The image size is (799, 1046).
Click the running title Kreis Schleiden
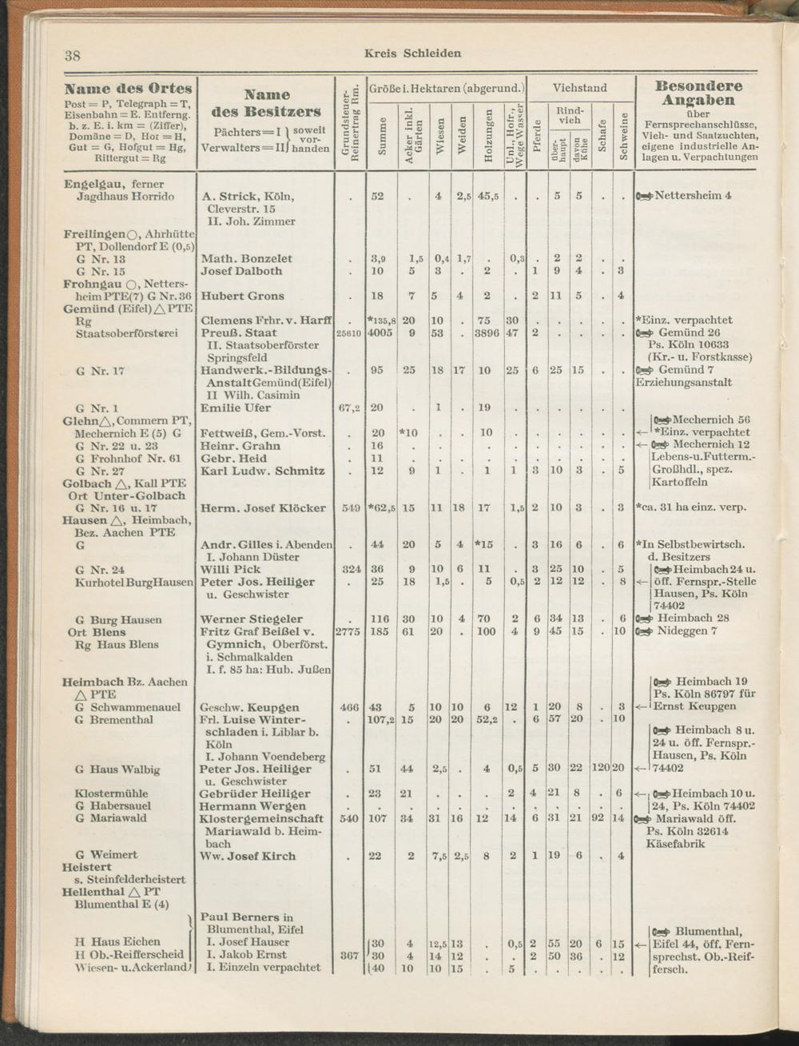pyautogui.click(x=412, y=54)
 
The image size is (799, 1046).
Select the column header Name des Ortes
pyautogui.click(x=128, y=88)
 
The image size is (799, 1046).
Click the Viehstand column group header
pyautogui.click(x=579, y=88)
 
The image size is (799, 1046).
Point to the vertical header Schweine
pyautogui.click(x=620, y=134)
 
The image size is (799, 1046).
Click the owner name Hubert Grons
pyautogui.click(x=243, y=296)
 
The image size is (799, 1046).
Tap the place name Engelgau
pyautogui.click(x=92, y=184)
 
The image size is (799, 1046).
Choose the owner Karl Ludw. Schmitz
pyautogui.click(x=262, y=471)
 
